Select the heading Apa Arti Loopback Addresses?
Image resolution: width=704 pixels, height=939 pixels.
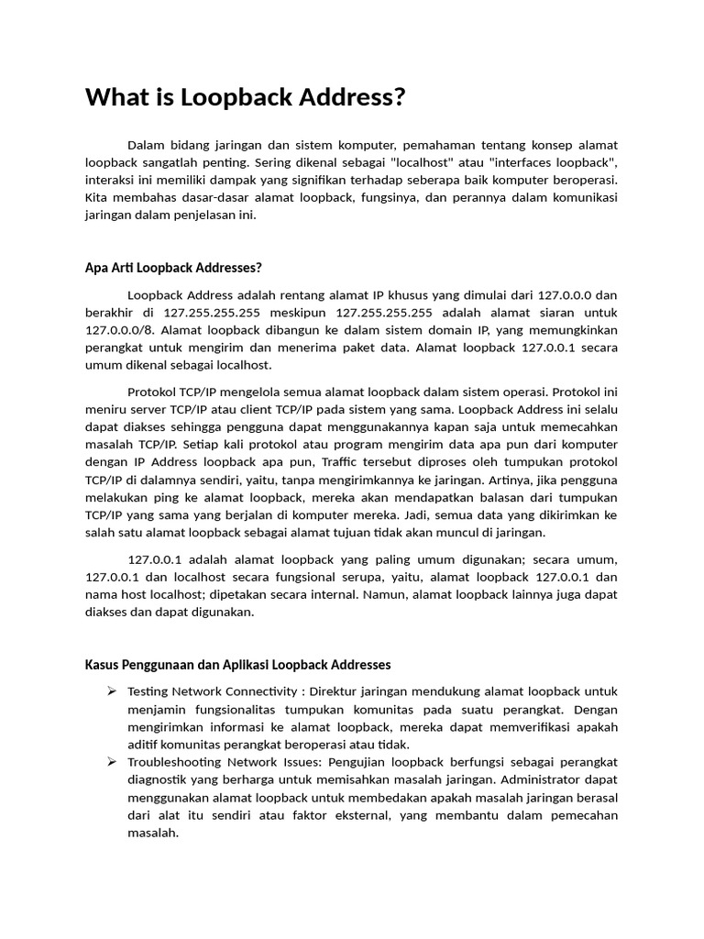173,268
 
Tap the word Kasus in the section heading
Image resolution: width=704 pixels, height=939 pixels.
104,664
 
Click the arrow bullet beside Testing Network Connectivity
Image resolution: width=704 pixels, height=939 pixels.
111,690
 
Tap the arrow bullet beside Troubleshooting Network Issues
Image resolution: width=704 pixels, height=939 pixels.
111,762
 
